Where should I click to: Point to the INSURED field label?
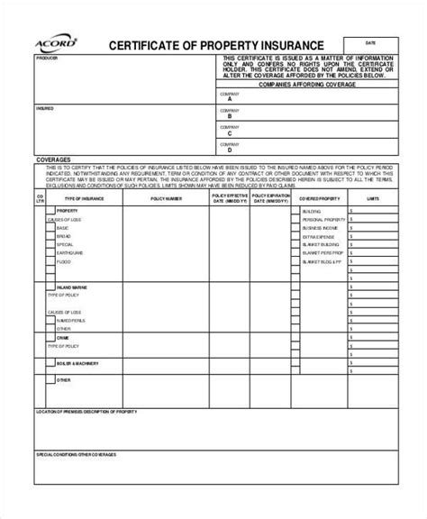(x=44, y=107)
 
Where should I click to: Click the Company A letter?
(x=230, y=101)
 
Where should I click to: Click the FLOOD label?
(x=62, y=263)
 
